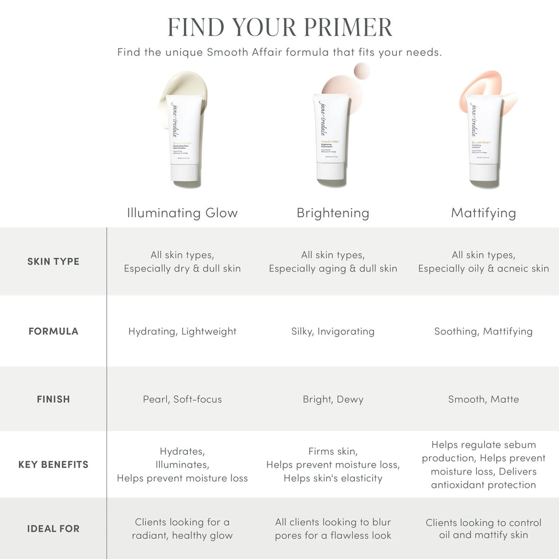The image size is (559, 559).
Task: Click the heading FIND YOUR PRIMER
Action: coord(279,27)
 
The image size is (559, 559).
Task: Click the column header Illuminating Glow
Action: coord(182,213)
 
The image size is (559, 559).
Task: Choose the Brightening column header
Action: coord(333,213)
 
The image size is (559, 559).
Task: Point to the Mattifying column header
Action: coord(484,213)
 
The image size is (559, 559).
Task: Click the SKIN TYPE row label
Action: coord(53,261)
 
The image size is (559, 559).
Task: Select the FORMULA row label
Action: coord(53,331)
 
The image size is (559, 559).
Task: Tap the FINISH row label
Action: coord(53,399)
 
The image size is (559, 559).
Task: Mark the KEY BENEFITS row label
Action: coord(53,465)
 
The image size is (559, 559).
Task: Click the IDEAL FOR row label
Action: coord(53,528)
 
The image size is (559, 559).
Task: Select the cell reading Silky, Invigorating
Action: coord(333,331)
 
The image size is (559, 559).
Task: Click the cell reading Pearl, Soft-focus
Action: coord(182,399)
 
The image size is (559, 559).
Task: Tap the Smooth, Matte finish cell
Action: coord(484,399)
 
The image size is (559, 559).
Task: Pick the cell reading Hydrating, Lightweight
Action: coord(182,331)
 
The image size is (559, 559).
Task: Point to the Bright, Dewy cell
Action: coord(333,399)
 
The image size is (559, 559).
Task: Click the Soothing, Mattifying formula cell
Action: coord(484,331)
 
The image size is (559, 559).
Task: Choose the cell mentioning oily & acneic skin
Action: coord(484,262)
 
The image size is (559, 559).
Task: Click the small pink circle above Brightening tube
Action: coord(361,71)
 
